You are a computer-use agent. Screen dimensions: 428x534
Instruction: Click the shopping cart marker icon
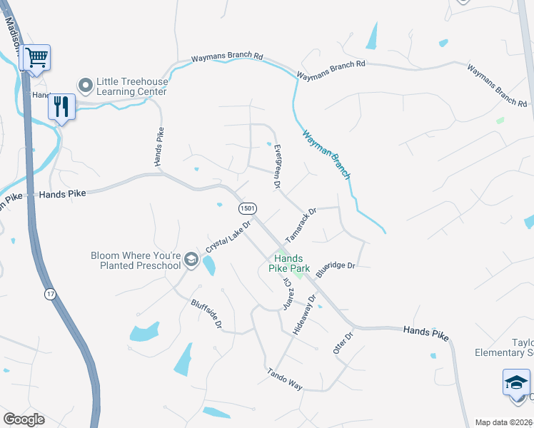pos(36,57)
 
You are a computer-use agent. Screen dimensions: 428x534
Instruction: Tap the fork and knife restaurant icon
pos(61,107)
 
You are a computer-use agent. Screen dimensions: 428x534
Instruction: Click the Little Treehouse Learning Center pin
pos(86,86)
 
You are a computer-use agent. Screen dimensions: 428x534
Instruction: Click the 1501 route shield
pos(247,208)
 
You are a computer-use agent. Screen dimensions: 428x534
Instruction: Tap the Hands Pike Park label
pos(290,263)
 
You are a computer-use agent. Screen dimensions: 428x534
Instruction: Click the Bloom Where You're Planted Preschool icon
pos(190,260)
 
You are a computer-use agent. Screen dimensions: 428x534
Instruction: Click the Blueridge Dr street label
pos(335,265)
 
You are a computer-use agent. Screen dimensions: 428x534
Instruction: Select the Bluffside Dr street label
pos(207,314)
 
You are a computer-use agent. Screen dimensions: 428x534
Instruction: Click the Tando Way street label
pos(285,379)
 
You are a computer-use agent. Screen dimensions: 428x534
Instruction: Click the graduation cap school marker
pos(516,383)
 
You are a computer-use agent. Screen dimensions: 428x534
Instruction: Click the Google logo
pos(24,419)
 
